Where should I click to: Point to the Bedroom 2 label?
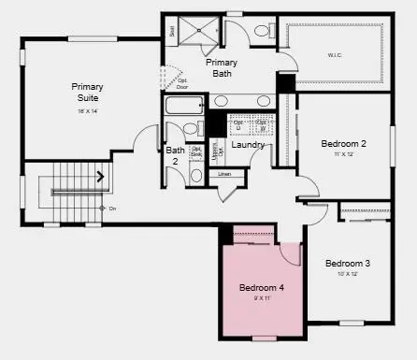pyautogui.click(x=343, y=143)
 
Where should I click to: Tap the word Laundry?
pyautogui.click(x=248, y=145)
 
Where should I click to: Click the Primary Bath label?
pyautogui.click(x=222, y=67)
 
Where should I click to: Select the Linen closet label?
pyautogui.click(x=224, y=174)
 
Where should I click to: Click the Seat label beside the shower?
pyautogui.click(x=173, y=31)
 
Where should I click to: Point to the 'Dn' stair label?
pyautogui.click(x=112, y=208)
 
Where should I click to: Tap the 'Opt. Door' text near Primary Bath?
pyautogui.click(x=182, y=83)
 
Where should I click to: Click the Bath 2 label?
pyautogui.click(x=175, y=155)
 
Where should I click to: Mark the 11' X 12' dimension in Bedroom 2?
pyautogui.click(x=342, y=153)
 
